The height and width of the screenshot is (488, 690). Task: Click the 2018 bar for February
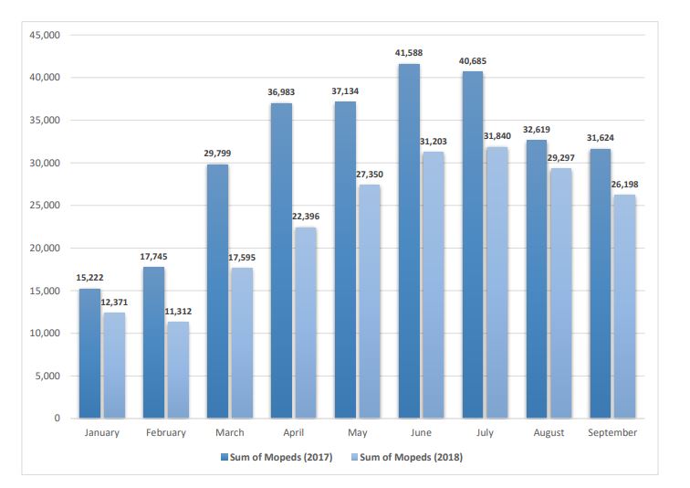(178, 369)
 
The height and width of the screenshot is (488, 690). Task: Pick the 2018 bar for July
(497, 282)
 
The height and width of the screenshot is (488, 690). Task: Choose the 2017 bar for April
(281, 260)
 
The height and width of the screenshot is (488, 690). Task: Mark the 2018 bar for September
(625, 306)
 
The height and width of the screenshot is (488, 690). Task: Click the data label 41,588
(410, 53)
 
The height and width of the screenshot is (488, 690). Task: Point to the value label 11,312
(178, 311)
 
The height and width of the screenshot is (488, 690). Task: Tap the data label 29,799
(218, 154)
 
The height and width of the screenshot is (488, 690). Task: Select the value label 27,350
(369, 174)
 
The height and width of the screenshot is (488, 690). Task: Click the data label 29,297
(560, 157)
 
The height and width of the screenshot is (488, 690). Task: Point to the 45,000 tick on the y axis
(44, 35)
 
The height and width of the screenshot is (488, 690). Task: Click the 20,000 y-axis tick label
(44, 248)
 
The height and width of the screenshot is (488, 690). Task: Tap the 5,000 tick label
(47, 376)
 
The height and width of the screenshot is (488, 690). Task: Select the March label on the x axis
(230, 432)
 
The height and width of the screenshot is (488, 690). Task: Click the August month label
(549, 432)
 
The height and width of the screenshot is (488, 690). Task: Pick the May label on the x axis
(357, 432)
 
